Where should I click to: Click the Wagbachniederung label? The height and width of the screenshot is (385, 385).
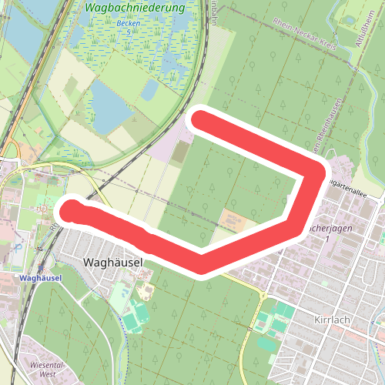[x=136, y=8]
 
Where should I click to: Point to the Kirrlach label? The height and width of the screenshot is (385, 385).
[x=333, y=318]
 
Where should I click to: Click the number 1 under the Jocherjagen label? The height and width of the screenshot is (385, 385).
[x=326, y=241]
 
